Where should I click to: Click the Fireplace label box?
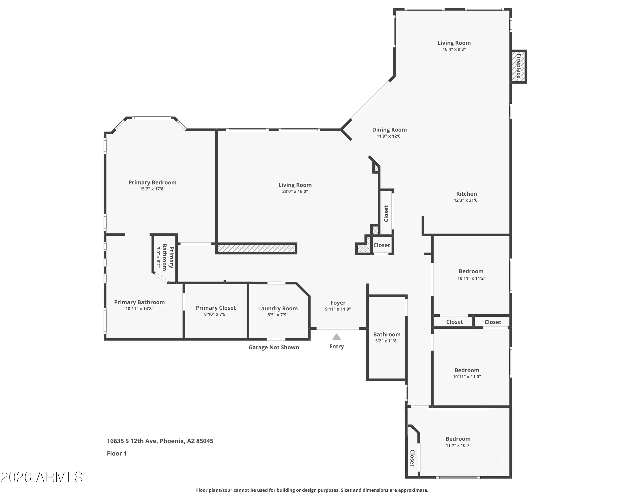tap(518, 67)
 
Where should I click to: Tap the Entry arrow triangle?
tap(336, 337)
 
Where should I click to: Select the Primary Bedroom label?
tap(152, 182)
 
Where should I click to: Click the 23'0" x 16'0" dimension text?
tap(295, 191)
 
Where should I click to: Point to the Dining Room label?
tap(389, 130)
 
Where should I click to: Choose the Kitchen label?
tap(466, 194)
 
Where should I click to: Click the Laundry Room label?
tap(278, 308)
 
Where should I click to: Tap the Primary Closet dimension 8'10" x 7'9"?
tap(216, 314)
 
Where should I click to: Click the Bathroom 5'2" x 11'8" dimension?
tap(387, 341)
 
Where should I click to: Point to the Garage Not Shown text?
tap(274, 347)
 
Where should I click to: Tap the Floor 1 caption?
tap(117, 453)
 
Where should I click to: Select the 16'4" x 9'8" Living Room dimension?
tap(454, 49)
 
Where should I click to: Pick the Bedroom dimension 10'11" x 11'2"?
tap(471, 278)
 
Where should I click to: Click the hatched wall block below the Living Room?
tap(256, 248)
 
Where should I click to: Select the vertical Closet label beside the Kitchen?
tap(386, 213)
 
